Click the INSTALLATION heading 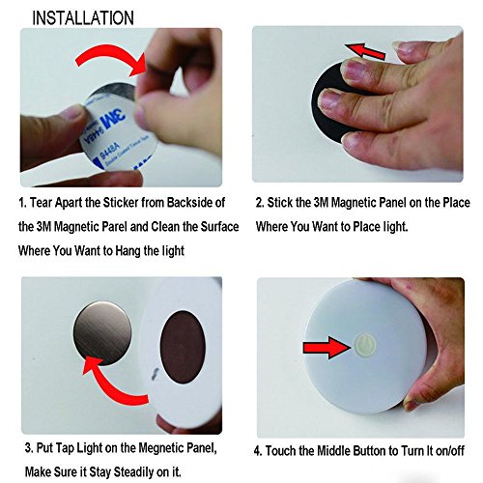click(x=83, y=18)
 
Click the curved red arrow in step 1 click(x=111, y=61)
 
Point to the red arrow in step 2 click(x=365, y=51)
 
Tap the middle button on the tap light click(x=365, y=346)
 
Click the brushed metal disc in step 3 click(x=102, y=333)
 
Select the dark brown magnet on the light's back click(x=183, y=347)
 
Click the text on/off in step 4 click(x=450, y=451)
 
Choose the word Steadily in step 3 click(x=134, y=472)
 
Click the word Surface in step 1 click(x=219, y=227)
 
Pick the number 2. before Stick click(x=260, y=203)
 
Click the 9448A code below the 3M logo click(x=109, y=151)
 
